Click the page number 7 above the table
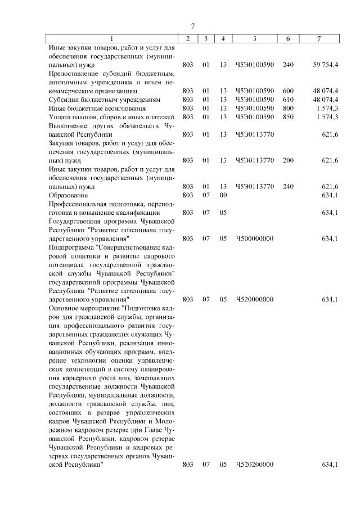192,26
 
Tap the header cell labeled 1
111,39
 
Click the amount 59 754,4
326,65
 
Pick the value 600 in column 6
288,90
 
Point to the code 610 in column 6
288,99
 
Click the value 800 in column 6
288,108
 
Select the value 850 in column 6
288,117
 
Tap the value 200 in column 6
288,161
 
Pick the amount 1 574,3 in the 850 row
326,117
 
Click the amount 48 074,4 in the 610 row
326,99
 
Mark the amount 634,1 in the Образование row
330,196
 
